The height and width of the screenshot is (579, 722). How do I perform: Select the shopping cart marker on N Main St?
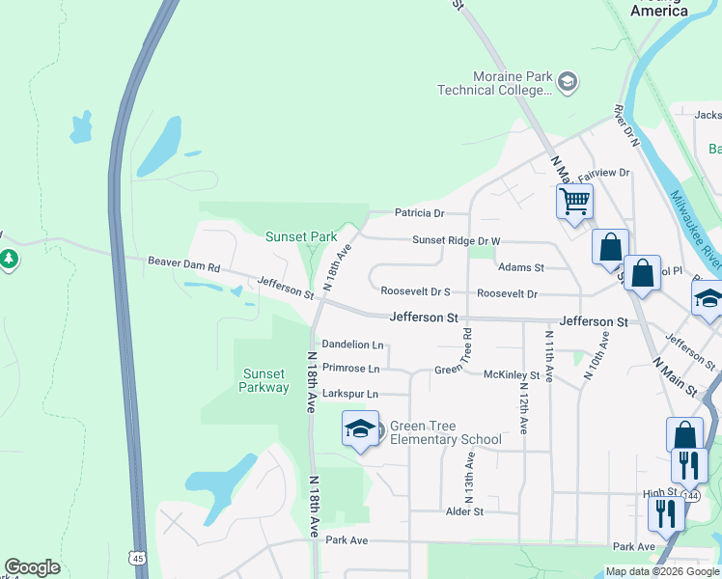click(x=574, y=202)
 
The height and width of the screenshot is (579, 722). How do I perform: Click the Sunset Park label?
click(x=301, y=236)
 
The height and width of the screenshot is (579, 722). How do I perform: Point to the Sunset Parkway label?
click(x=264, y=380)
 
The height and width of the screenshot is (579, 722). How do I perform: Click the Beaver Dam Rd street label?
click(x=184, y=262)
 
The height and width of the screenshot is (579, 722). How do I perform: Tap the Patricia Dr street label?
click(x=419, y=213)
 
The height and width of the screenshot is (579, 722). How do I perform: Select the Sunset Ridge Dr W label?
click(x=457, y=241)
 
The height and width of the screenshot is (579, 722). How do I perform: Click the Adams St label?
click(x=520, y=267)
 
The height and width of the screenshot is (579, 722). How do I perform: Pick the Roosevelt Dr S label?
click(x=416, y=290)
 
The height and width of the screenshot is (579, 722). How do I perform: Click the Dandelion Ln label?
click(x=352, y=345)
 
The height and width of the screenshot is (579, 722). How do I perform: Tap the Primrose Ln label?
click(x=350, y=368)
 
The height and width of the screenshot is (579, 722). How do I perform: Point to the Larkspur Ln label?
click(x=350, y=394)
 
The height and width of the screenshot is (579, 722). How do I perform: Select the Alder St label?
click(x=464, y=511)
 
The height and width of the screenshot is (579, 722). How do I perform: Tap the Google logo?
click(x=32, y=567)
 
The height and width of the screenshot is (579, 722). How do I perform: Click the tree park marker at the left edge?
click(x=9, y=259)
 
